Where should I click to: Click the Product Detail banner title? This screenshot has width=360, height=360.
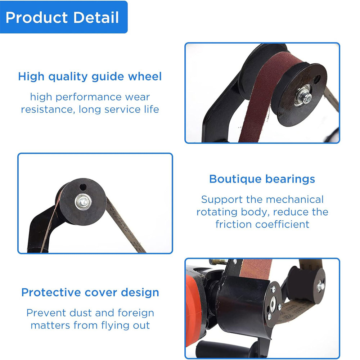coord(62,17)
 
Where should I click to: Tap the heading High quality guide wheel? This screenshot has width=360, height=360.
coord(90,76)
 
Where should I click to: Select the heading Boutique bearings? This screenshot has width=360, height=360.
coord(262,179)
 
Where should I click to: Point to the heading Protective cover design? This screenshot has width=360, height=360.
coord(90,292)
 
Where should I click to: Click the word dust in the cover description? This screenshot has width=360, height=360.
coord(81,313)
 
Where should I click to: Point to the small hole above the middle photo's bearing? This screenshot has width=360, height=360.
coord(83,187)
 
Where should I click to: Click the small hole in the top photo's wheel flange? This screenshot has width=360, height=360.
coord(318,79)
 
